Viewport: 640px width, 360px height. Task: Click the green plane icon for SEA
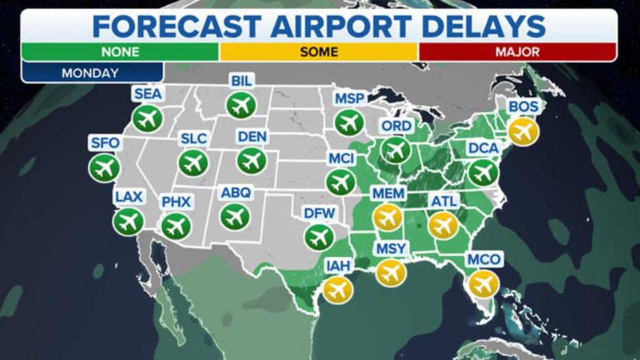pos(147,118)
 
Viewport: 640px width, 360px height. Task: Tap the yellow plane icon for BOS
pos(523,131)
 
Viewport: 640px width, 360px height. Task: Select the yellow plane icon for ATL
pos(443,225)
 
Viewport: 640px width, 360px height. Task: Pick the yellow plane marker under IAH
pos(338,289)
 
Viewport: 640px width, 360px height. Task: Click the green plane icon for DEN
pos(251,160)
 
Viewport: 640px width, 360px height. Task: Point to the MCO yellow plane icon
pos(483,283)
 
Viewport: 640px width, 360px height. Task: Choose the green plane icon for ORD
pos(396,150)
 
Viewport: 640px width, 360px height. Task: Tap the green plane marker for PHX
pos(176,225)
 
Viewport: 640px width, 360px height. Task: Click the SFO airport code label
pos(104,143)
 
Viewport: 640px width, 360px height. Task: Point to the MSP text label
pos(350,98)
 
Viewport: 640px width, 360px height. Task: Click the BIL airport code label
pos(242,81)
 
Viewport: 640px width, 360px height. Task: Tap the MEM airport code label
pos(388,194)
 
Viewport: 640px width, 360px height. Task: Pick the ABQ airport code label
pos(236,192)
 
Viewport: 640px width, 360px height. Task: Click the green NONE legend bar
pos(120,52)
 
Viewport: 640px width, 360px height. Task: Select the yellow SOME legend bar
pos(319,52)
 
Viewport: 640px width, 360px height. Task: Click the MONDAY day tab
pos(91,72)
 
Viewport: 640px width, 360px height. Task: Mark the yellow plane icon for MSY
pos(391,272)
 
